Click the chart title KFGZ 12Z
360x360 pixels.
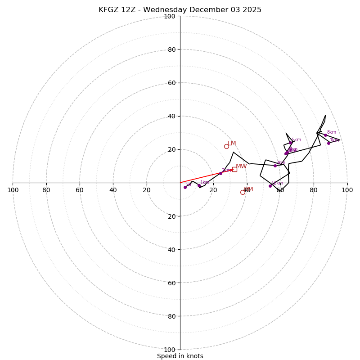[180, 10]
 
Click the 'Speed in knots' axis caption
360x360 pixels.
[180, 356]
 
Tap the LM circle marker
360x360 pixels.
[226, 146]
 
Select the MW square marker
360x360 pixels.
[234, 169]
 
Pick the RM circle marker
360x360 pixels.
[243, 192]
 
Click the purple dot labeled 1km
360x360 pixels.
[199, 186]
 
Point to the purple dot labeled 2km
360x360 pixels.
[220, 173]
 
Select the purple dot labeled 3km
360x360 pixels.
[275, 166]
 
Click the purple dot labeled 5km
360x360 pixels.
[291, 143]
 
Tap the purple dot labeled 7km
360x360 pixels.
[328, 143]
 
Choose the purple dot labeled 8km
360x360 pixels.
[325, 135]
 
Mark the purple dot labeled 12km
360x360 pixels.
[270, 186]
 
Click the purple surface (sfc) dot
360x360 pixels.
[185, 187]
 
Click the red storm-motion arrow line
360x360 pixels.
[202, 177]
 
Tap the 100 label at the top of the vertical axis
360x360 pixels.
[170, 16]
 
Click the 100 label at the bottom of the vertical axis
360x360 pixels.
[170, 350]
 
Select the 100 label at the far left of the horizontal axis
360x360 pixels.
[13, 190]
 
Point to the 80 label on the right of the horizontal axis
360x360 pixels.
[314, 190]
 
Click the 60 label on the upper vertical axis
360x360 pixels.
[171, 83]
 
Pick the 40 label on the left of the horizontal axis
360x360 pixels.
[113, 190]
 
